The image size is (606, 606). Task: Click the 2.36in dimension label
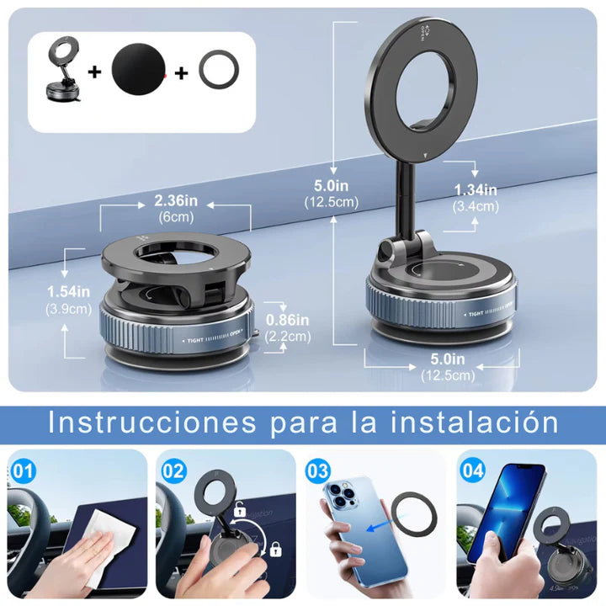(x=175, y=202)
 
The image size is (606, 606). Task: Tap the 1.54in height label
(x=68, y=290)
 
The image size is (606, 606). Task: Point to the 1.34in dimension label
(x=476, y=189)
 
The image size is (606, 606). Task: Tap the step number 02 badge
(x=173, y=470)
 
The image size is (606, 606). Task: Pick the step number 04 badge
(x=473, y=470)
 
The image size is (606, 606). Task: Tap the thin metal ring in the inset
(x=219, y=72)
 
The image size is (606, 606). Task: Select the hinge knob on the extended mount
(x=389, y=251)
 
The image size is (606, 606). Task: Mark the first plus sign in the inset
(x=95, y=72)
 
